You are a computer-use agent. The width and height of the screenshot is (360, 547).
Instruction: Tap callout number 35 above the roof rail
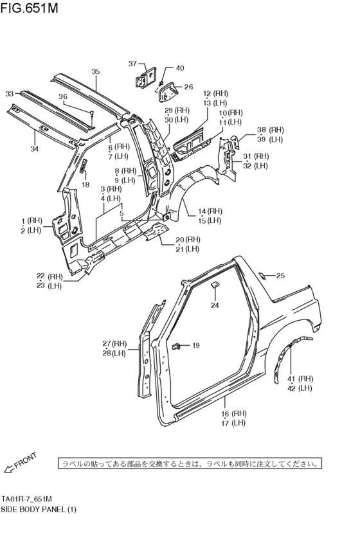coord(95,71)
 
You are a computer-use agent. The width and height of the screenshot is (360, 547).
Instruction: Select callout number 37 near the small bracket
coord(132,64)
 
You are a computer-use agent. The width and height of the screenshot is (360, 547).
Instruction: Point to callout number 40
coord(179,68)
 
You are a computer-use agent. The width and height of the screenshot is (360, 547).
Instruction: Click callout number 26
coord(188,87)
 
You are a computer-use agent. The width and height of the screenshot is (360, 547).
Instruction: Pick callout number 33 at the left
coord(10,94)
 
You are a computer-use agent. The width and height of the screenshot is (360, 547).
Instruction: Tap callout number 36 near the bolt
coord(63,97)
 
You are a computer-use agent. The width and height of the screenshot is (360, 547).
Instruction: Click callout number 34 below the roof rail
coord(34,149)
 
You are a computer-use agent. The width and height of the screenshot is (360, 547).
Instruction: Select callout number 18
coord(85,184)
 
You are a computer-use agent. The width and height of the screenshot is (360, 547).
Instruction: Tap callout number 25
coord(280,276)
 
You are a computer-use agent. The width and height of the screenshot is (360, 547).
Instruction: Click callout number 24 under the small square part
coord(215,305)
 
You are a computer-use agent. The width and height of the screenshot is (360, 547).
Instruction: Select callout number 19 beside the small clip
coord(195,346)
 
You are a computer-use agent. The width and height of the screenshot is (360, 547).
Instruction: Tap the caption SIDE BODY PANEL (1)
coord(38,509)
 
